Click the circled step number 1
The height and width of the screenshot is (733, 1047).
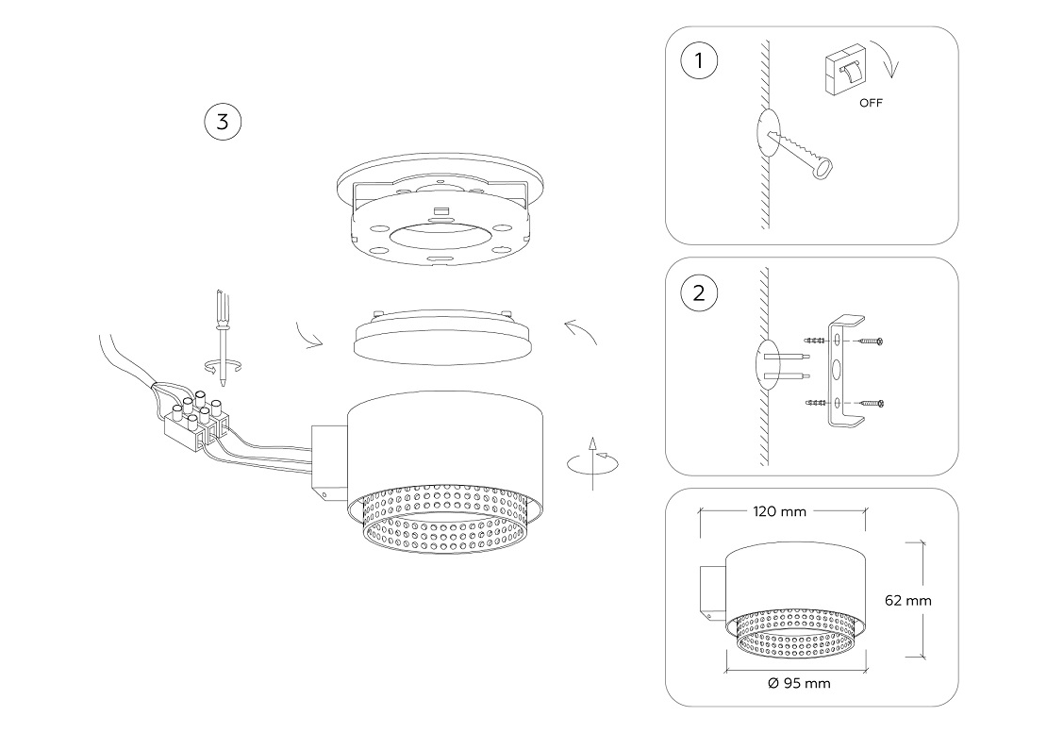pyautogui.click(x=698, y=61)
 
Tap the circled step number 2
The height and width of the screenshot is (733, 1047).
pyautogui.click(x=698, y=292)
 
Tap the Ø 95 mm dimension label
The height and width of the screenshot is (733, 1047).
pyautogui.click(x=800, y=683)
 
